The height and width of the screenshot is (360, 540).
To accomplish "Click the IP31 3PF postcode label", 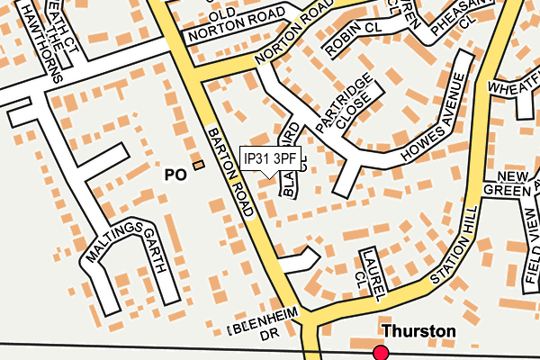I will pyautogui.click(x=270, y=158).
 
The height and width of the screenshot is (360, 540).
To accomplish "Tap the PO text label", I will pyautogui.click(x=175, y=175).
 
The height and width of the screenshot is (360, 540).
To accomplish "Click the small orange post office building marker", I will pyautogui.click(x=199, y=165).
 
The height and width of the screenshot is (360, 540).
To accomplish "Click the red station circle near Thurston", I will pyautogui.click(x=382, y=352).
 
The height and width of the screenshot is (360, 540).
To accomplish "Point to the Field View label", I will pyautogui.click(x=529, y=240).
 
